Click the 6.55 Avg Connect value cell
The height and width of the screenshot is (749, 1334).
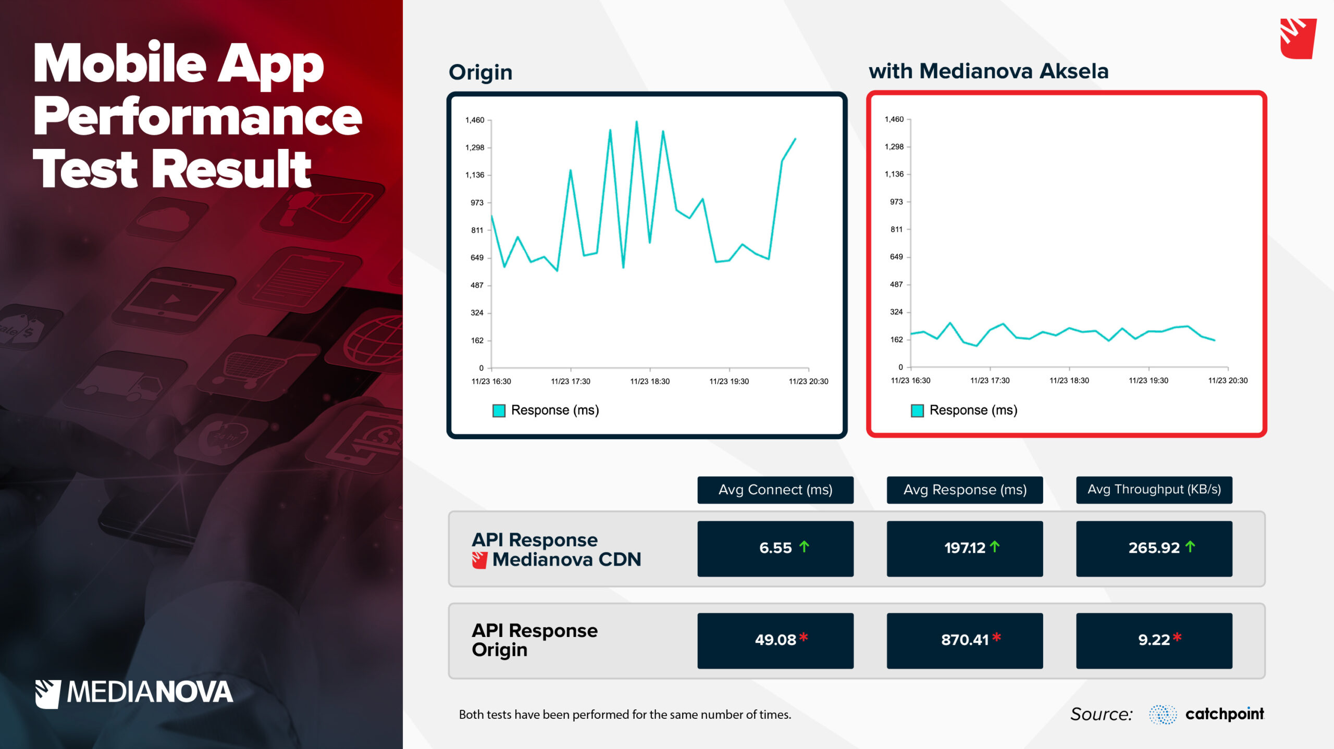click(775, 548)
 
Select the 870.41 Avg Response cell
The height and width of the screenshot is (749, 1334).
click(965, 641)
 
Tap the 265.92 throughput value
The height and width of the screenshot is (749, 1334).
click(1154, 548)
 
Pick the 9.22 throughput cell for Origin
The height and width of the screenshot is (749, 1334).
click(1154, 641)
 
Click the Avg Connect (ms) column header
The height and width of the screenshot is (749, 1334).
click(775, 490)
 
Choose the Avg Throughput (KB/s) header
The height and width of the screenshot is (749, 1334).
click(1154, 490)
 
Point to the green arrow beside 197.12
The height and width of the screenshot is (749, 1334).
click(995, 546)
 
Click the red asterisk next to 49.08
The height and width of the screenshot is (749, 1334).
click(804, 636)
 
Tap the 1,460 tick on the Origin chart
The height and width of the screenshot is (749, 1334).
click(475, 120)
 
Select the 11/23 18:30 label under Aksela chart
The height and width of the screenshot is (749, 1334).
click(1069, 381)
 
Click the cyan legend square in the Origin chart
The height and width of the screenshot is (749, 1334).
click(499, 410)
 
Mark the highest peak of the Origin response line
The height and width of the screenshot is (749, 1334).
click(636, 121)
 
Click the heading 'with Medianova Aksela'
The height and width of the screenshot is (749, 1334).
click(989, 71)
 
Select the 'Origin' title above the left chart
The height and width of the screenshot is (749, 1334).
click(480, 72)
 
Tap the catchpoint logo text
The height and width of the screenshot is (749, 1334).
click(1225, 714)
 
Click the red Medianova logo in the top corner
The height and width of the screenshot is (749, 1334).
click(1298, 39)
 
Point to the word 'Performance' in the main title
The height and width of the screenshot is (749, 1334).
click(197, 117)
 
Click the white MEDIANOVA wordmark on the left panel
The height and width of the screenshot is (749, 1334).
click(150, 692)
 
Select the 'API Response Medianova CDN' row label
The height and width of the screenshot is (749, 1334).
click(556, 550)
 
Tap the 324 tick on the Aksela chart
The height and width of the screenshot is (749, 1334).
click(896, 312)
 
